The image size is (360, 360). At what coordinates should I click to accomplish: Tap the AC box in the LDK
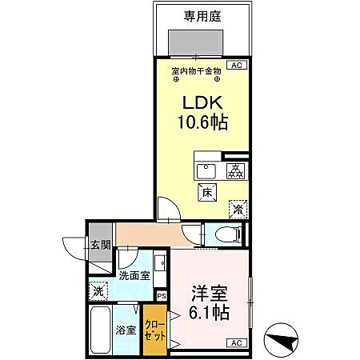click(x=237, y=66)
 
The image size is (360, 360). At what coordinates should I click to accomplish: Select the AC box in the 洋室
click(x=236, y=343)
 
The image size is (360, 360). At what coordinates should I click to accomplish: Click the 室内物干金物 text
click(x=196, y=72)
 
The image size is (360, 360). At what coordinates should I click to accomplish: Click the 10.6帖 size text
click(x=202, y=123)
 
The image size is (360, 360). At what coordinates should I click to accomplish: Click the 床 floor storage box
click(x=206, y=192)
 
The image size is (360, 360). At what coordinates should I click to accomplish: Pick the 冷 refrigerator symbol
click(x=238, y=207)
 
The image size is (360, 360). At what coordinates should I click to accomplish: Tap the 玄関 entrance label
click(x=98, y=246)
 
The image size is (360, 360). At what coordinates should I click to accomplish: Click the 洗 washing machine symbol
click(x=98, y=291)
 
